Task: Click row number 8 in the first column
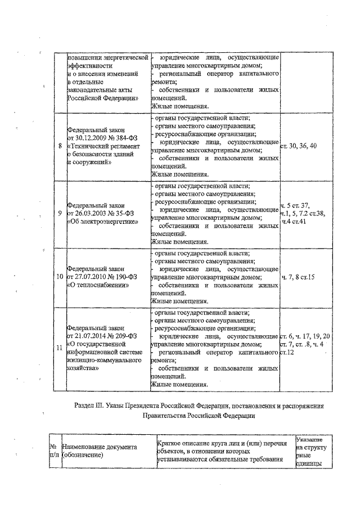tap(60, 146)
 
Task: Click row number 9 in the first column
tap(60, 214)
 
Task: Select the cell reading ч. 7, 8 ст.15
tap(298, 277)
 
